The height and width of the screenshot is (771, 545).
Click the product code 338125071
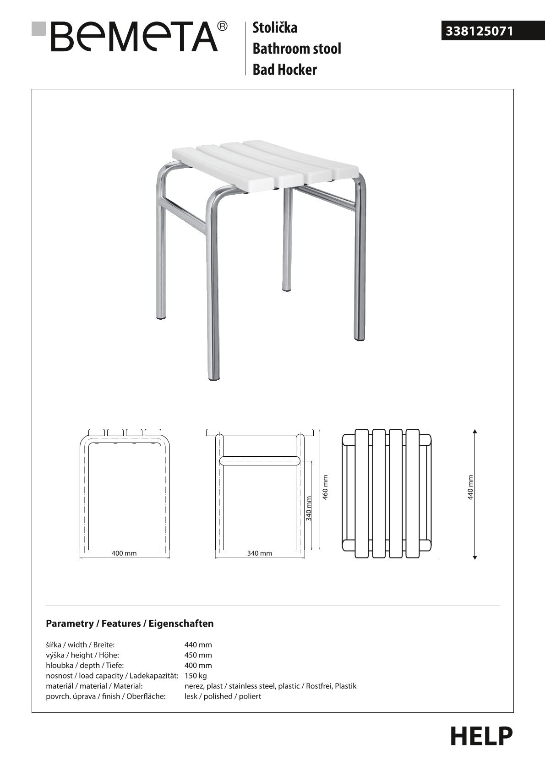click(x=479, y=31)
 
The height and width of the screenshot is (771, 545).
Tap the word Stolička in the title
click(x=275, y=27)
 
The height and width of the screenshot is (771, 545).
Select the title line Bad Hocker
click(x=284, y=70)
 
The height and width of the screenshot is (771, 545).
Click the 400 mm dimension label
click(x=124, y=553)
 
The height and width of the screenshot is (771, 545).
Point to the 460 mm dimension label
click(x=325, y=487)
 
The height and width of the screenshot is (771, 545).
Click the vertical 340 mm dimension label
click(x=309, y=509)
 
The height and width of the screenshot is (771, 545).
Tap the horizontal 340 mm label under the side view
click(x=259, y=553)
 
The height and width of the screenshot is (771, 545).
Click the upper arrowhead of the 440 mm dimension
click(x=475, y=432)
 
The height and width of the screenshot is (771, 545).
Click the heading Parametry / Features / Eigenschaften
click(x=130, y=623)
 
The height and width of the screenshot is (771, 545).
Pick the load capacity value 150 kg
click(x=196, y=676)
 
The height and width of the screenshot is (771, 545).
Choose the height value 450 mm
click(x=198, y=655)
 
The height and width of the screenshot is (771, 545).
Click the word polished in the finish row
click(x=218, y=696)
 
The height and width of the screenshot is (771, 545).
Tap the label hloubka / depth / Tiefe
click(x=85, y=665)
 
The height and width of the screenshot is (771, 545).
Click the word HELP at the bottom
click(x=481, y=736)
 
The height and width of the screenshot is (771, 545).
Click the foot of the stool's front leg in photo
click(x=213, y=378)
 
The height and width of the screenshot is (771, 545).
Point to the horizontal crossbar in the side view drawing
click(x=259, y=460)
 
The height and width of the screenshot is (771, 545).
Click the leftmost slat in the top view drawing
click(x=362, y=493)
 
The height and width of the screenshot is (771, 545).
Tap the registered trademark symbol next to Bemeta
click(x=222, y=26)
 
